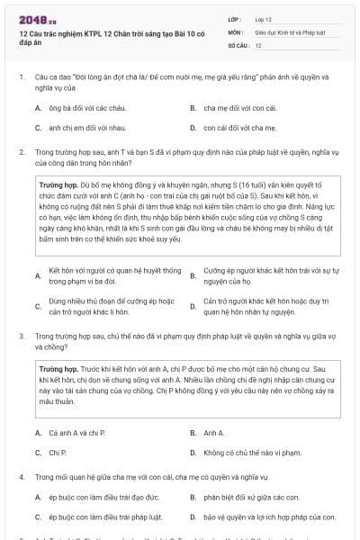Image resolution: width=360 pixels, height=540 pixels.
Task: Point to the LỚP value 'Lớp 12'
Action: click(265, 18)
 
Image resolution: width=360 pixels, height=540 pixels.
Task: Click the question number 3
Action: click(22, 334)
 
